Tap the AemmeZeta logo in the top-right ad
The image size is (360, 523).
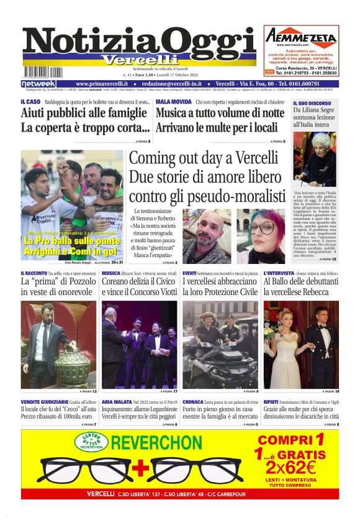302,38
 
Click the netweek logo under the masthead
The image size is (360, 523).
38,84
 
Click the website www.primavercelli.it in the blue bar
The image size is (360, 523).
102,84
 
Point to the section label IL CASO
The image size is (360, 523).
30,101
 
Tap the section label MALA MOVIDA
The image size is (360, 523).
173,101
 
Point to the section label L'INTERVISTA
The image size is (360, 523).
282,273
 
